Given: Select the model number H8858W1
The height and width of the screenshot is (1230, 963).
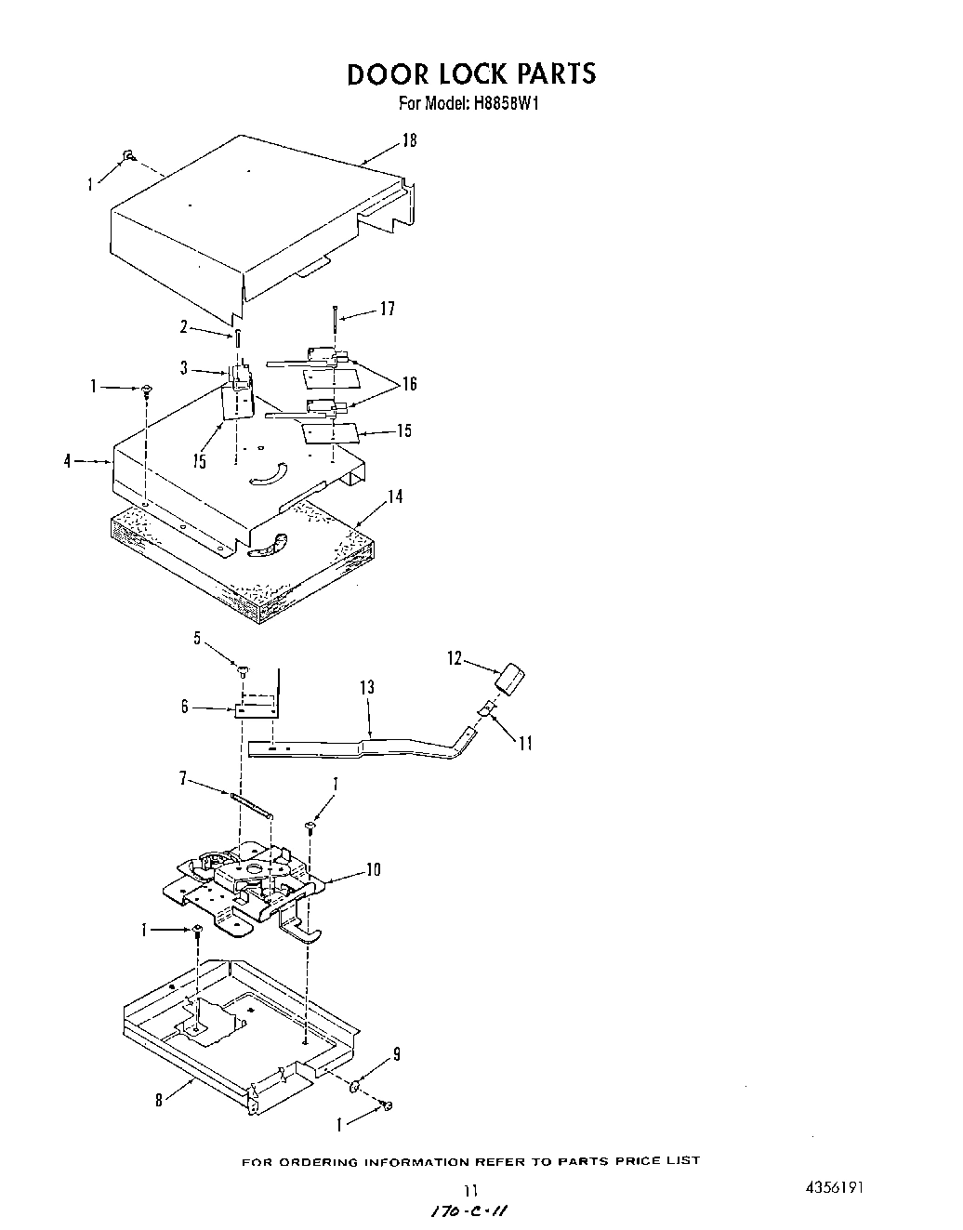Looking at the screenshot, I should [x=508, y=104].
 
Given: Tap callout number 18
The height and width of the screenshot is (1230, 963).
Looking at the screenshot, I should [x=409, y=140].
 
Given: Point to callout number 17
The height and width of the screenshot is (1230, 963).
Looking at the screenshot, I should [x=388, y=309].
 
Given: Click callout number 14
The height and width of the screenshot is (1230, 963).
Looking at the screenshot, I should [x=395, y=496].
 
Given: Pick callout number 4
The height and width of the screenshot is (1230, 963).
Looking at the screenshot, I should [x=68, y=460].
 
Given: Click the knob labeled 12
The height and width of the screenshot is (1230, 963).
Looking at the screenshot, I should [x=509, y=678].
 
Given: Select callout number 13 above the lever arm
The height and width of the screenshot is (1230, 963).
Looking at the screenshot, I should [x=367, y=687].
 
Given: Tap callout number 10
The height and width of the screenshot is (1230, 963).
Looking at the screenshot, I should [x=373, y=870].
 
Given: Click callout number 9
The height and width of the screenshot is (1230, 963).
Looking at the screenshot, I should [x=397, y=1054].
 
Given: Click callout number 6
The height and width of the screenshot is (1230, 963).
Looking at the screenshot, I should [x=185, y=707].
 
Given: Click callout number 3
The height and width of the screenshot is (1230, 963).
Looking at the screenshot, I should [x=185, y=369].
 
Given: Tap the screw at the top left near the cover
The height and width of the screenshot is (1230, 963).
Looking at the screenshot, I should [x=130, y=155].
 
